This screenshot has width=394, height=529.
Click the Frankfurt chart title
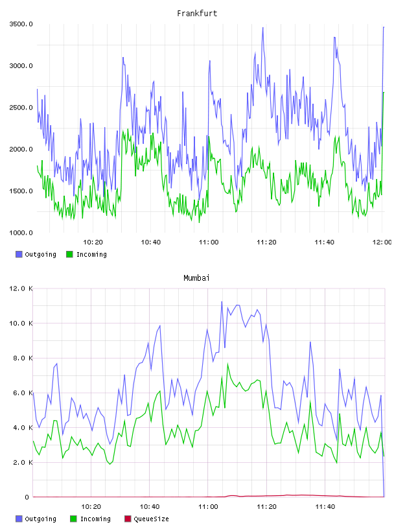(x=197, y=14)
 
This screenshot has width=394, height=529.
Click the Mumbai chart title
(x=196, y=278)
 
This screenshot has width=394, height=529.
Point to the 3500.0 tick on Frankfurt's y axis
(x=21, y=24)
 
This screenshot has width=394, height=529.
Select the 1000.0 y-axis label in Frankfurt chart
(x=21, y=233)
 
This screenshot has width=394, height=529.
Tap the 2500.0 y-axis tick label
(x=21, y=108)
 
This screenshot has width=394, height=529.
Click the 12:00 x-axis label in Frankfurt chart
(x=382, y=242)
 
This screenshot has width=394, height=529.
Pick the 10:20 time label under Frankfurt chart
(x=93, y=242)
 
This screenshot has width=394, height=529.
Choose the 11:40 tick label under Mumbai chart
(x=325, y=507)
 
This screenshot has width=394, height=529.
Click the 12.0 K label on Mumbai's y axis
(x=21, y=288)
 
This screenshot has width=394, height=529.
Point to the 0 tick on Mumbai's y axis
(x=27, y=497)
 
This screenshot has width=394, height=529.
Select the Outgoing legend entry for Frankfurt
(x=36, y=254)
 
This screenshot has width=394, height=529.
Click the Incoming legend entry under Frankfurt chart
(x=86, y=254)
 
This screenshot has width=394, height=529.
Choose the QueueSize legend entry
(x=146, y=519)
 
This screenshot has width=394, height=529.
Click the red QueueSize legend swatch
(x=128, y=519)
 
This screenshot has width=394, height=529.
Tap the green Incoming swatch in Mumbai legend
(x=73, y=519)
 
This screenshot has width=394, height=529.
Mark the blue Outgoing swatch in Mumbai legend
(x=19, y=519)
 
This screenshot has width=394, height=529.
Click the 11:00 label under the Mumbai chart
(x=208, y=507)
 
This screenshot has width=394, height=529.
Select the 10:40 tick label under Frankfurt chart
(x=151, y=242)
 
